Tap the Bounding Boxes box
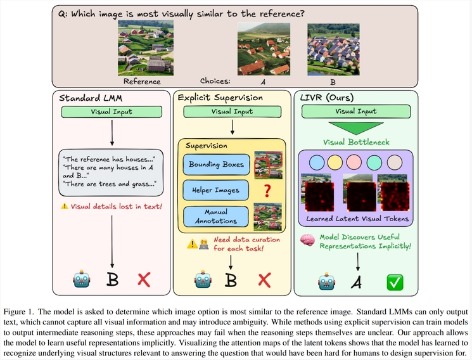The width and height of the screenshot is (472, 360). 215,165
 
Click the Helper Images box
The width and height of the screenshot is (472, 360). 215,189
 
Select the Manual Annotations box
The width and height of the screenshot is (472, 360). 215,216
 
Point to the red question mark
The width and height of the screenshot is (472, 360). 267,189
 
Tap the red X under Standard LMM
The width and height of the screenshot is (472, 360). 144,280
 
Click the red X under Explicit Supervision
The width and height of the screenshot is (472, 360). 264,280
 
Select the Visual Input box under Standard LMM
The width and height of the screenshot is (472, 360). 112,112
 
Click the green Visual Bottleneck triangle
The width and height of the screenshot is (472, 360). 357,127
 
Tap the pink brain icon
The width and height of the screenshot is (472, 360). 308,241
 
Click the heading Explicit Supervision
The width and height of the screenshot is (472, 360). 220,98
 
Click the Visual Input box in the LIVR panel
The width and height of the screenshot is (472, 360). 356,112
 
